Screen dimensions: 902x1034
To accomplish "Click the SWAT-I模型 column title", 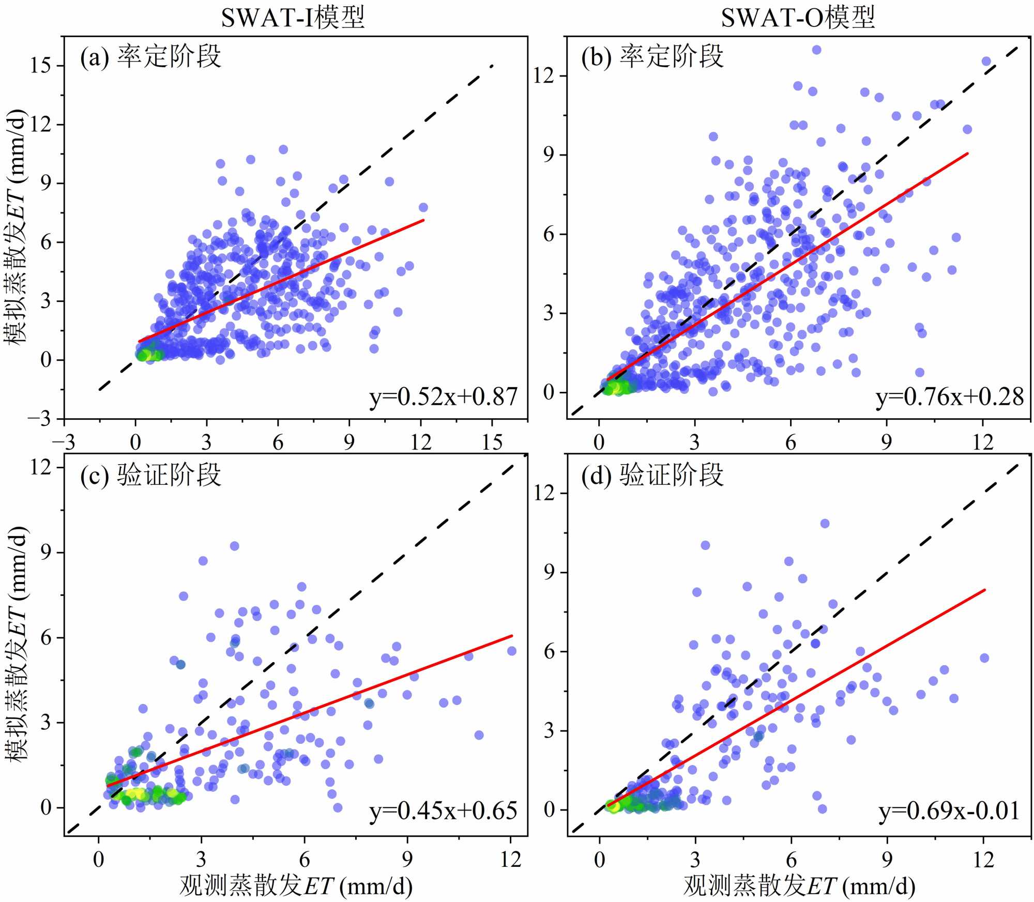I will pyautogui.click(x=293, y=17).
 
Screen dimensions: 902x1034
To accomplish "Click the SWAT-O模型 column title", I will pyautogui.click(x=797, y=17).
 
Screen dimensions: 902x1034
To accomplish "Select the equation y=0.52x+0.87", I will pyautogui.click(x=443, y=397).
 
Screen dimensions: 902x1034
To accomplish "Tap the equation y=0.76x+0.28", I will pyautogui.click(x=949, y=397).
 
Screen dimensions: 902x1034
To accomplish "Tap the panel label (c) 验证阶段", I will pyautogui.click(x=150, y=475).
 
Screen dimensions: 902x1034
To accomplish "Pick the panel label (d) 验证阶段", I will pyautogui.click(x=652, y=475).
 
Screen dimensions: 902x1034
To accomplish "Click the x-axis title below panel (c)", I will pyautogui.click(x=296, y=885).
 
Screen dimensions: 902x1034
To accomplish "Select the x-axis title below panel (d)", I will pyautogui.click(x=799, y=885).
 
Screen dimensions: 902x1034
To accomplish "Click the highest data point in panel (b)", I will pyautogui.click(x=816, y=50).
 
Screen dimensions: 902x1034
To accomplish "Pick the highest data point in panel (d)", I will pyautogui.click(x=825, y=524).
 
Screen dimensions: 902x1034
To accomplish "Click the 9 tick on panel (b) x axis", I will pyautogui.click(x=887, y=442).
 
